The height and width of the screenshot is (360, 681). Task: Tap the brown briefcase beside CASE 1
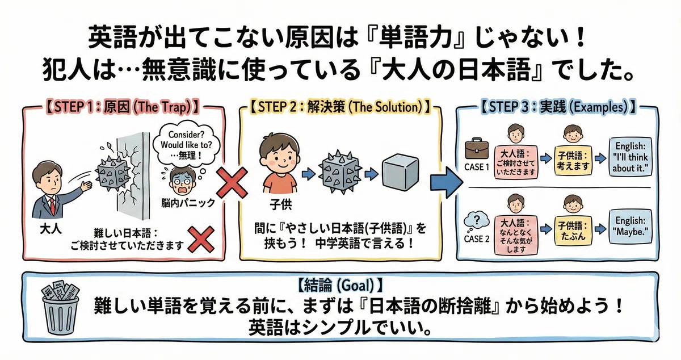coord(476,149)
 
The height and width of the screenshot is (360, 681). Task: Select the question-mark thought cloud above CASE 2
coord(476,221)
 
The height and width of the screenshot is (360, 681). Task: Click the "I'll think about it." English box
coord(630,157)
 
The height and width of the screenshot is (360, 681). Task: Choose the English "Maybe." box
coord(630,227)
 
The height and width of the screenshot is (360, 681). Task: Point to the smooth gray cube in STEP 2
coord(400,173)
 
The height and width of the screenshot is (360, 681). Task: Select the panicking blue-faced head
coord(182,181)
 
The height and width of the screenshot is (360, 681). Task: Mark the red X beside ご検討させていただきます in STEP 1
coord(201,240)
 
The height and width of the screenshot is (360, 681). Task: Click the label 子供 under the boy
coord(280,204)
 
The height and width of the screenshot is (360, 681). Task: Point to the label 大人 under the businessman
coord(51,228)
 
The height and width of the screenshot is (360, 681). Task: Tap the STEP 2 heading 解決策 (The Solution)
coord(340,107)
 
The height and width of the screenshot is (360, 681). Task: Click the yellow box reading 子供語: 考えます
coord(573,161)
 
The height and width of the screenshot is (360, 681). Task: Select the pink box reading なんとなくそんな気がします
coord(516,236)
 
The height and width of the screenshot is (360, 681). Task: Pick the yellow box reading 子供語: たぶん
coord(573,231)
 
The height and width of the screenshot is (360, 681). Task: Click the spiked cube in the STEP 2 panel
coord(339,171)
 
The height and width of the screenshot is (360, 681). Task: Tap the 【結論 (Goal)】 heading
coord(340,286)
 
